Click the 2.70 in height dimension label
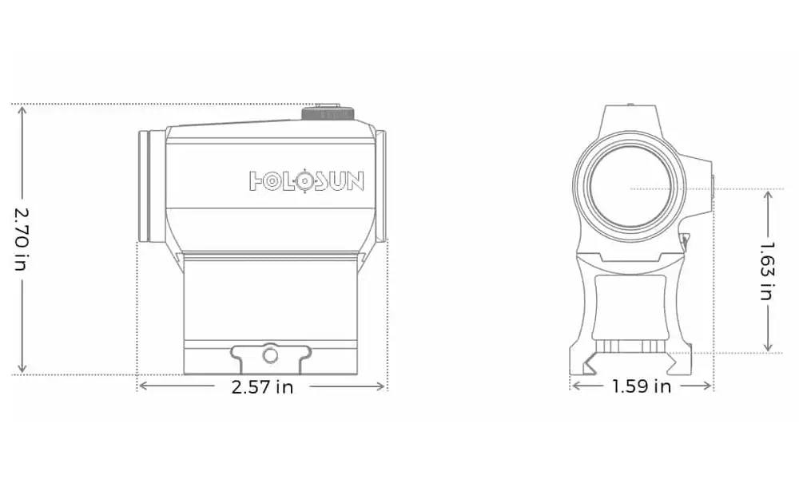22,239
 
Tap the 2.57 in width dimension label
262,387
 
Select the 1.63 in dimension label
768,271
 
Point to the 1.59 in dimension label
642,387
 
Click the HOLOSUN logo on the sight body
307,181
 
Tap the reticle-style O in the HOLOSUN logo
304,181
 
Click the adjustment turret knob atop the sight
328,113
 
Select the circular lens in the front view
629,186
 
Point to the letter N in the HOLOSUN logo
355,181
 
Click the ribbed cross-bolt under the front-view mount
629,346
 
